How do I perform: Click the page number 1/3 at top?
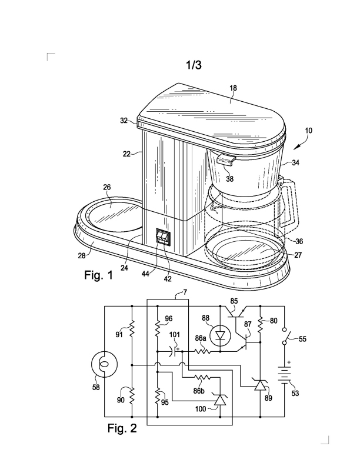193,65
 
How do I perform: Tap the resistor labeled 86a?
202,352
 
